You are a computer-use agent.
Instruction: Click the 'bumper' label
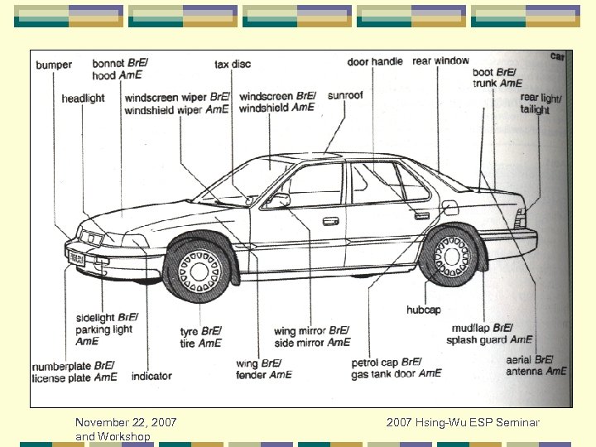click(x=54, y=65)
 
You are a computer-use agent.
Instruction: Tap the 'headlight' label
click(x=83, y=99)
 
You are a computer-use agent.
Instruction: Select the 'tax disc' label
click(x=233, y=65)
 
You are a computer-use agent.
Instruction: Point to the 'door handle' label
click(x=375, y=62)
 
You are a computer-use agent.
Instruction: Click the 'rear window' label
click(x=440, y=60)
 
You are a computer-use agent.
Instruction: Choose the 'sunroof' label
click(x=345, y=95)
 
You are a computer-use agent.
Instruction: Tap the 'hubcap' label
click(x=423, y=310)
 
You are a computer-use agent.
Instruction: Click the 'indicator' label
click(x=151, y=377)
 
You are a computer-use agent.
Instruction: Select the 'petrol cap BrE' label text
click(x=387, y=363)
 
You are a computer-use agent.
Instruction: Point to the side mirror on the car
click(x=281, y=199)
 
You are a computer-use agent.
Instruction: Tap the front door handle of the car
click(x=330, y=221)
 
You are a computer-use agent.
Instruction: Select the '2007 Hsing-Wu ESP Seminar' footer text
click(x=462, y=423)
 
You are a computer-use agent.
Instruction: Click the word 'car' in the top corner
click(x=557, y=56)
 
